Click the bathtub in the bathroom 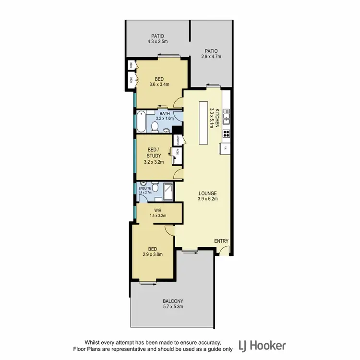pyautogui.click(x=141, y=122)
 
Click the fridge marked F pyautogui.click(x=225, y=149)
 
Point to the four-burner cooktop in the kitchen pyautogui.click(x=226, y=134)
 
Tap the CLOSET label pyautogui.click(x=178, y=141)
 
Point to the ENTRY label pyautogui.click(x=221, y=241)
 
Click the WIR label pyautogui.click(x=157, y=210)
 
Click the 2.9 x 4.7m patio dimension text pyautogui.click(x=211, y=56)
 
